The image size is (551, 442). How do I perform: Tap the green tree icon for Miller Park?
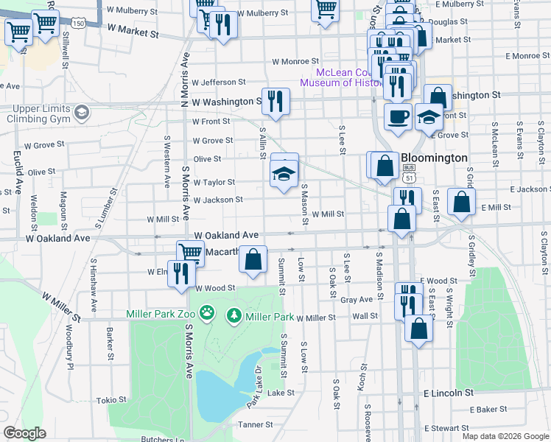pyautogui.click(x=234, y=315)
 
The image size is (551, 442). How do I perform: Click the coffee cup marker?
pyautogui.click(x=399, y=116)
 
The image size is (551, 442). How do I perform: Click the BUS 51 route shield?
pyautogui.click(x=410, y=175)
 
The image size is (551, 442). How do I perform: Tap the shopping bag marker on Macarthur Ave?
pyautogui.click(x=253, y=259)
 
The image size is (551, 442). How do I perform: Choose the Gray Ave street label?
pyautogui.click(x=357, y=300)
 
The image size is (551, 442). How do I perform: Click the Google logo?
pyautogui.click(x=25, y=433)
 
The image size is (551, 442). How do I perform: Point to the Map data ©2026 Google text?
pyautogui.click(x=505, y=436)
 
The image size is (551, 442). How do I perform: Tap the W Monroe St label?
pyautogui.click(x=295, y=62)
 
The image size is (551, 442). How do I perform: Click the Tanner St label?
pyautogui.click(x=255, y=425)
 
